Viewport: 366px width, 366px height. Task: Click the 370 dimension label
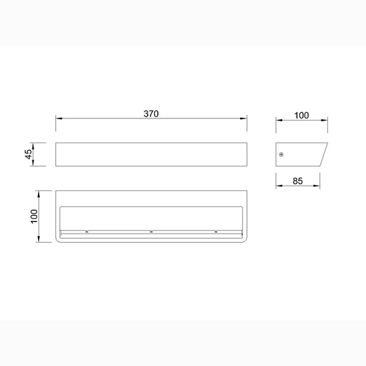coord(151,114)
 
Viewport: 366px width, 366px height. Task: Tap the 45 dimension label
coord(29,154)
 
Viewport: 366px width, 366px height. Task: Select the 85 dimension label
coord(297,181)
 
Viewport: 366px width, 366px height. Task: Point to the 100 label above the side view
coord(301,115)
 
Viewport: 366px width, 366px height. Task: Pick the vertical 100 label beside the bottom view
coord(34,216)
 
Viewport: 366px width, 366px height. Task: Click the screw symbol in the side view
coord(281,154)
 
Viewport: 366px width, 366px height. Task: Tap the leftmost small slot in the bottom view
coord(87,232)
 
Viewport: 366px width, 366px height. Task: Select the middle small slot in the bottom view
coord(151,232)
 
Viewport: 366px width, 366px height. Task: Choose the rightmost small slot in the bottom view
coord(216,232)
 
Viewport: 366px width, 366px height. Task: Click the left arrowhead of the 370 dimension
coord(59,118)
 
